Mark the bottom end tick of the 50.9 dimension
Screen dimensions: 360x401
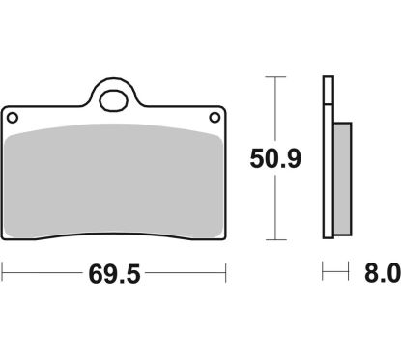(x=277, y=238)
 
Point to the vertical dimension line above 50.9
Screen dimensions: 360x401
(x=277, y=106)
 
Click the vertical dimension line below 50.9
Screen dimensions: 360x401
(x=277, y=208)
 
